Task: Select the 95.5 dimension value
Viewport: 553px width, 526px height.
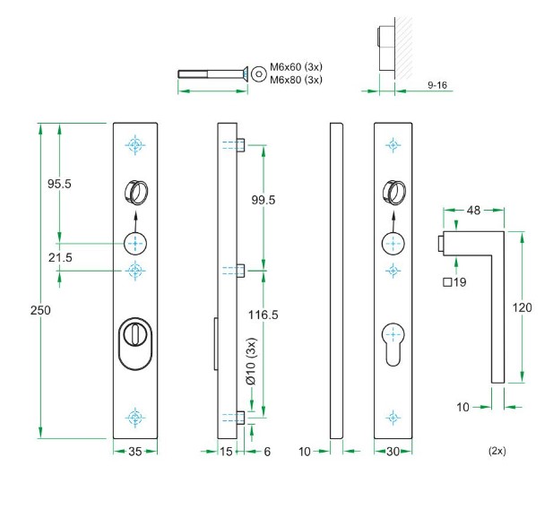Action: point(59,184)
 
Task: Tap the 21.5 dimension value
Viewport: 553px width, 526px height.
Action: point(59,257)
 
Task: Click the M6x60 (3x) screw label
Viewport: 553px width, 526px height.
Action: point(296,68)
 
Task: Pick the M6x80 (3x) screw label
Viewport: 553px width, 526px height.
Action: point(296,80)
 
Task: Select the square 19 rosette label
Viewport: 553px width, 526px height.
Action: point(455,283)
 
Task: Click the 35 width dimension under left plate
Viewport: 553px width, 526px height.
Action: point(135,453)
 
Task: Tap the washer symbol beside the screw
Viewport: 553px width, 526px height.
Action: point(258,73)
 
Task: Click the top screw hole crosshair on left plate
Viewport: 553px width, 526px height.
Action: point(135,145)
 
